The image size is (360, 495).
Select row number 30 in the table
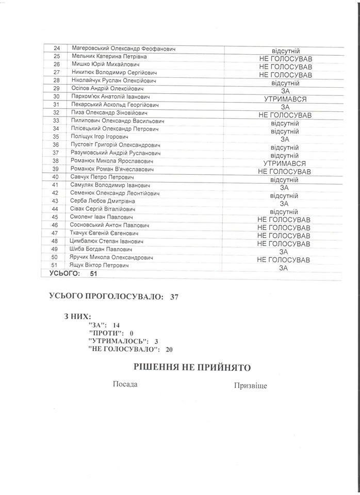click(x=57, y=96)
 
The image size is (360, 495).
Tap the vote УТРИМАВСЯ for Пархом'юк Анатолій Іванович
click(x=284, y=98)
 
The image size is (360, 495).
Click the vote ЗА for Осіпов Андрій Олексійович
click(x=284, y=91)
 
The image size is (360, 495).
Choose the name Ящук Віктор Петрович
click(x=99, y=265)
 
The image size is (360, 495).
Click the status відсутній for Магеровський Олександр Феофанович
click(x=284, y=51)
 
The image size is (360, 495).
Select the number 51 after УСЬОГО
click(x=93, y=274)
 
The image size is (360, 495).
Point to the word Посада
click(x=124, y=385)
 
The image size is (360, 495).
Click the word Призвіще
click(x=251, y=386)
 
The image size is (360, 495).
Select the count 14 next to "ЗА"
click(x=116, y=325)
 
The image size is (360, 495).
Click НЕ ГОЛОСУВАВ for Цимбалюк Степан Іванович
click(x=284, y=244)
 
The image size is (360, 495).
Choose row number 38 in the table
click(x=57, y=161)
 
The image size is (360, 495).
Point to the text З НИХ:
click(x=78, y=316)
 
